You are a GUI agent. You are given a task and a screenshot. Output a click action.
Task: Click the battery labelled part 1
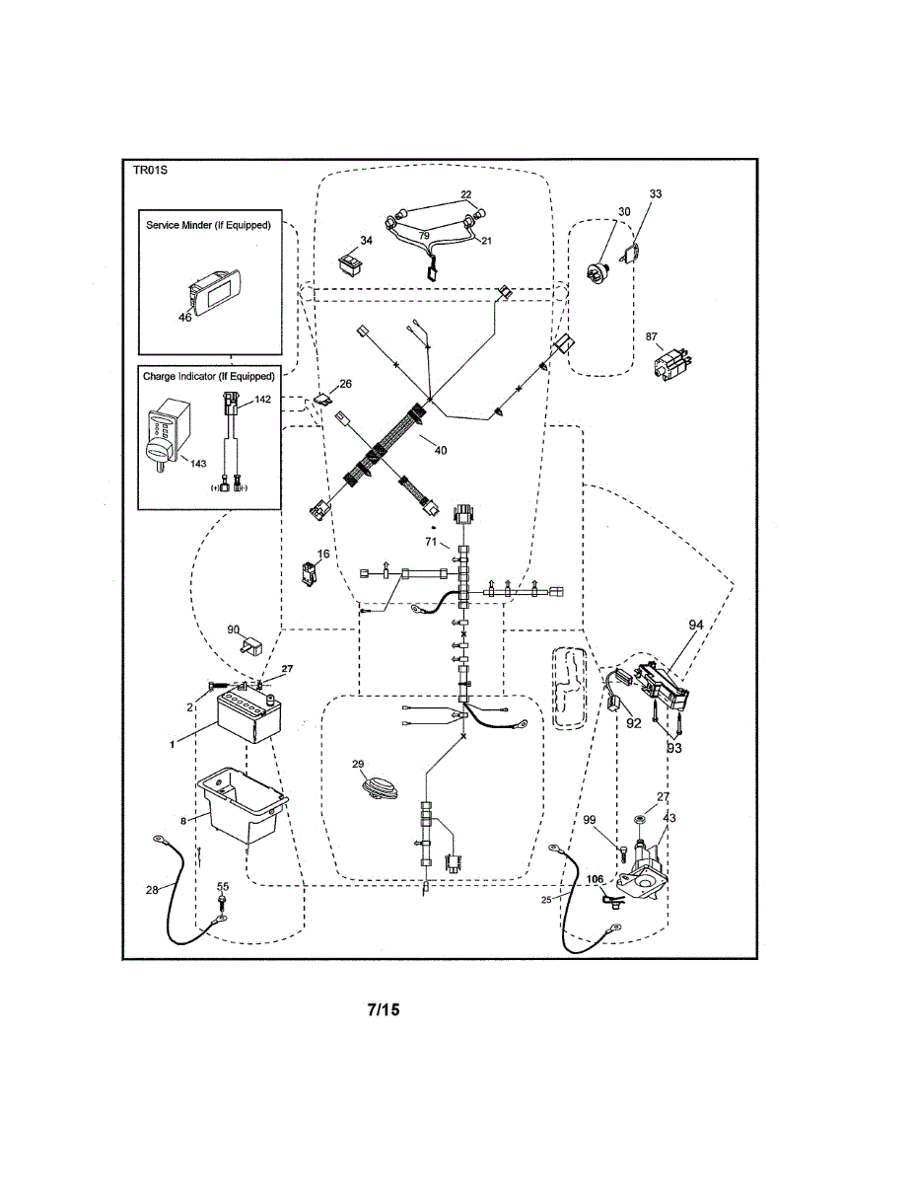[x=249, y=718]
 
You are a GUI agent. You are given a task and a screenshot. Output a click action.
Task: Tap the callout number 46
[x=185, y=317]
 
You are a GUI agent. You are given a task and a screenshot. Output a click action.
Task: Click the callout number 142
[x=262, y=399]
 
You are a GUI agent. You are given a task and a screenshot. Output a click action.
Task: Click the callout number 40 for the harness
[x=441, y=450]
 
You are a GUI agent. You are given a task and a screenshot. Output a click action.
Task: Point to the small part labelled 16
[x=310, y=574]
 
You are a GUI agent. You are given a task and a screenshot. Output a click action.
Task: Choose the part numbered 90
[x=251, y=646]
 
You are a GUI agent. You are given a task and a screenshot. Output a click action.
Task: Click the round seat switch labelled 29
[x=380, y=789]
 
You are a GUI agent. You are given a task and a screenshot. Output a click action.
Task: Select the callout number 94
[x=696, y=625]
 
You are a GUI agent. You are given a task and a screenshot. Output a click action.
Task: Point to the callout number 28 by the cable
[x=152, y=890]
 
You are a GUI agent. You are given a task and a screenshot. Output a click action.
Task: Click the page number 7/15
[x=384, y=1009]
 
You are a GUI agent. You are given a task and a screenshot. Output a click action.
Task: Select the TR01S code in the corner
[x=150, y=170]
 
